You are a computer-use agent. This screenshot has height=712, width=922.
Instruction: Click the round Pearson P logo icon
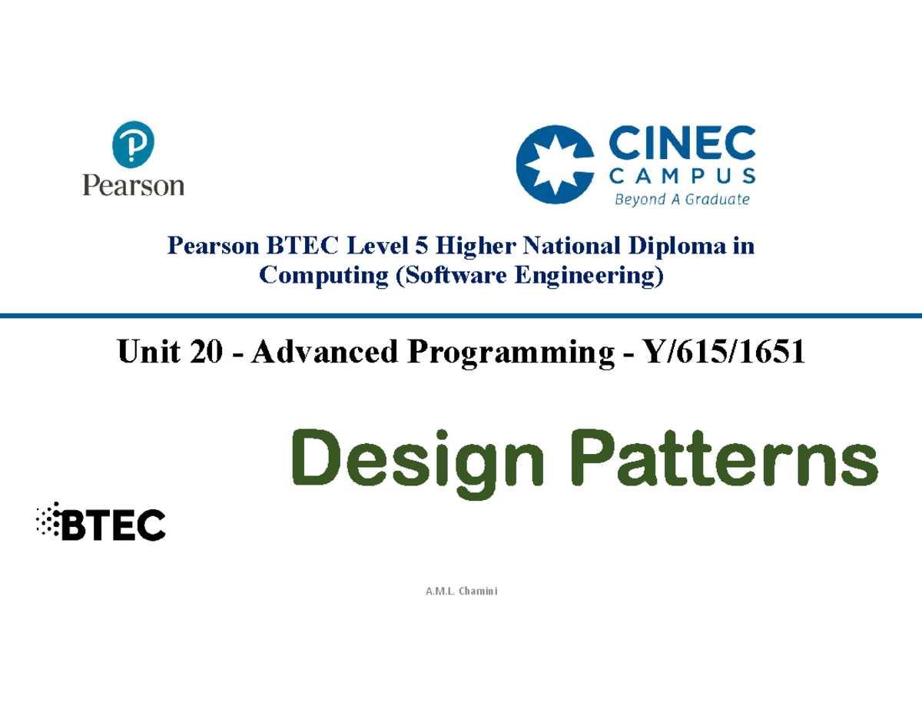coord(133,148)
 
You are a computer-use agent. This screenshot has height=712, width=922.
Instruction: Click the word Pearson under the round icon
coord(134,185)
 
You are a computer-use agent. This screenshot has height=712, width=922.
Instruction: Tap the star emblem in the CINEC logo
coord(556,167)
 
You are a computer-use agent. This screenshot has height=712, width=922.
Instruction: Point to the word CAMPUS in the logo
coord(682,177)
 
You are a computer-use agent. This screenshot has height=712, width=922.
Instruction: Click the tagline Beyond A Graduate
coord(682,200)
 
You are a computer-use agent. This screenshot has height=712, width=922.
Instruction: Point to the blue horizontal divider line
coord(461,315)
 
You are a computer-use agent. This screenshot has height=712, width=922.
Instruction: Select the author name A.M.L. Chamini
coord(461,591)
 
